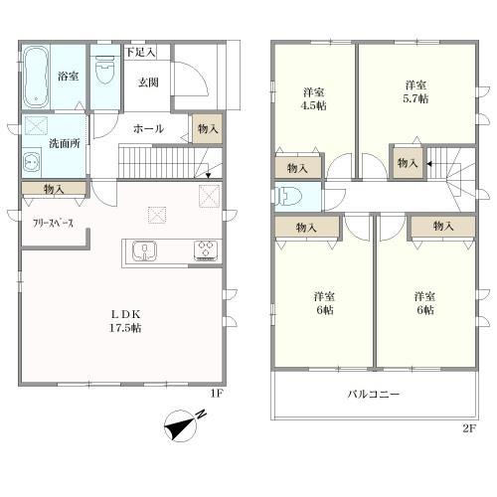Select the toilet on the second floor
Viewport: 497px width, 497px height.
[289, 195]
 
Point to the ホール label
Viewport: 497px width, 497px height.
[149, 128]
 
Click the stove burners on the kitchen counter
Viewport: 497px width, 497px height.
[206, 249]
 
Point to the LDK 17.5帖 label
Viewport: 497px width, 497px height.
[125, 322]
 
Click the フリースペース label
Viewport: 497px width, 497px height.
[53, 224]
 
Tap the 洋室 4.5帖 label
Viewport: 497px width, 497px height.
[315, 98]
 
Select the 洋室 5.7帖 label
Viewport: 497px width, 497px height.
[415, 92]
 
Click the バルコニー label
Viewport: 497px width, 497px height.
[374, 395]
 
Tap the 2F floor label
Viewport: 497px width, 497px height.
[469, 428]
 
